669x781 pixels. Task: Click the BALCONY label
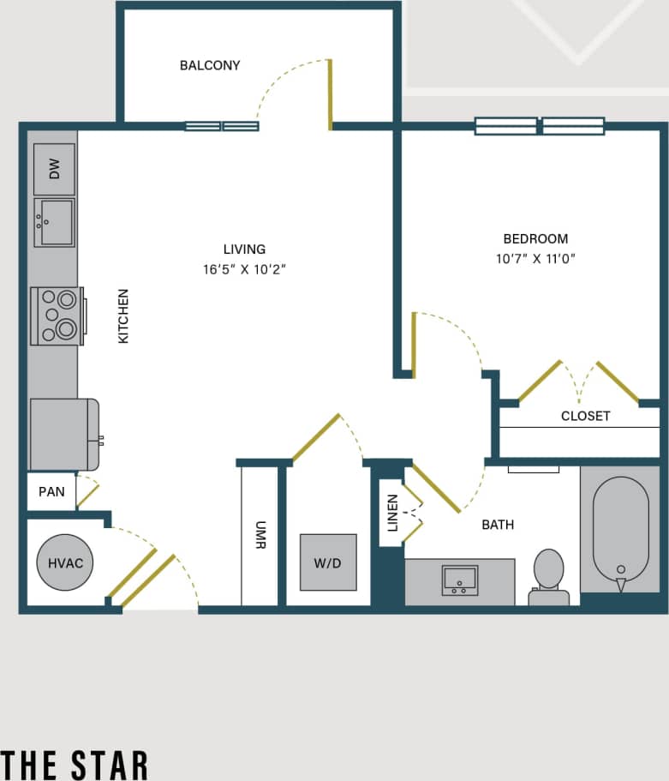point(210,65)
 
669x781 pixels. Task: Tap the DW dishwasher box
point(55,169)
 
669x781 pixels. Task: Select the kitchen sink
point(54,222)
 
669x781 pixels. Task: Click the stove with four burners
point(57,315)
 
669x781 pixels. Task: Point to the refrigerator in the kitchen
point(63,434)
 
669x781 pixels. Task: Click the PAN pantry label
point(51,493)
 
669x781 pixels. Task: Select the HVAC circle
point(65,563)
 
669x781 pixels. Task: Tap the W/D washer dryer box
point(328,562)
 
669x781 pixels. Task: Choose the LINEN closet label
point(392,513)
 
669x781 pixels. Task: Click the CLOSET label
point(585,416)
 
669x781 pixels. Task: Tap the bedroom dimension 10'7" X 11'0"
point(535,258)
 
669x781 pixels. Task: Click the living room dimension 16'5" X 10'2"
point(244,269)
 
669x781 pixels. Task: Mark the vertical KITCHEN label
point(123,316)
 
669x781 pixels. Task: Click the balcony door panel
point(330,94)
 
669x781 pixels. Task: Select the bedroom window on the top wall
point(540,126)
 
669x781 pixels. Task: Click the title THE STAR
point(75,763)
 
